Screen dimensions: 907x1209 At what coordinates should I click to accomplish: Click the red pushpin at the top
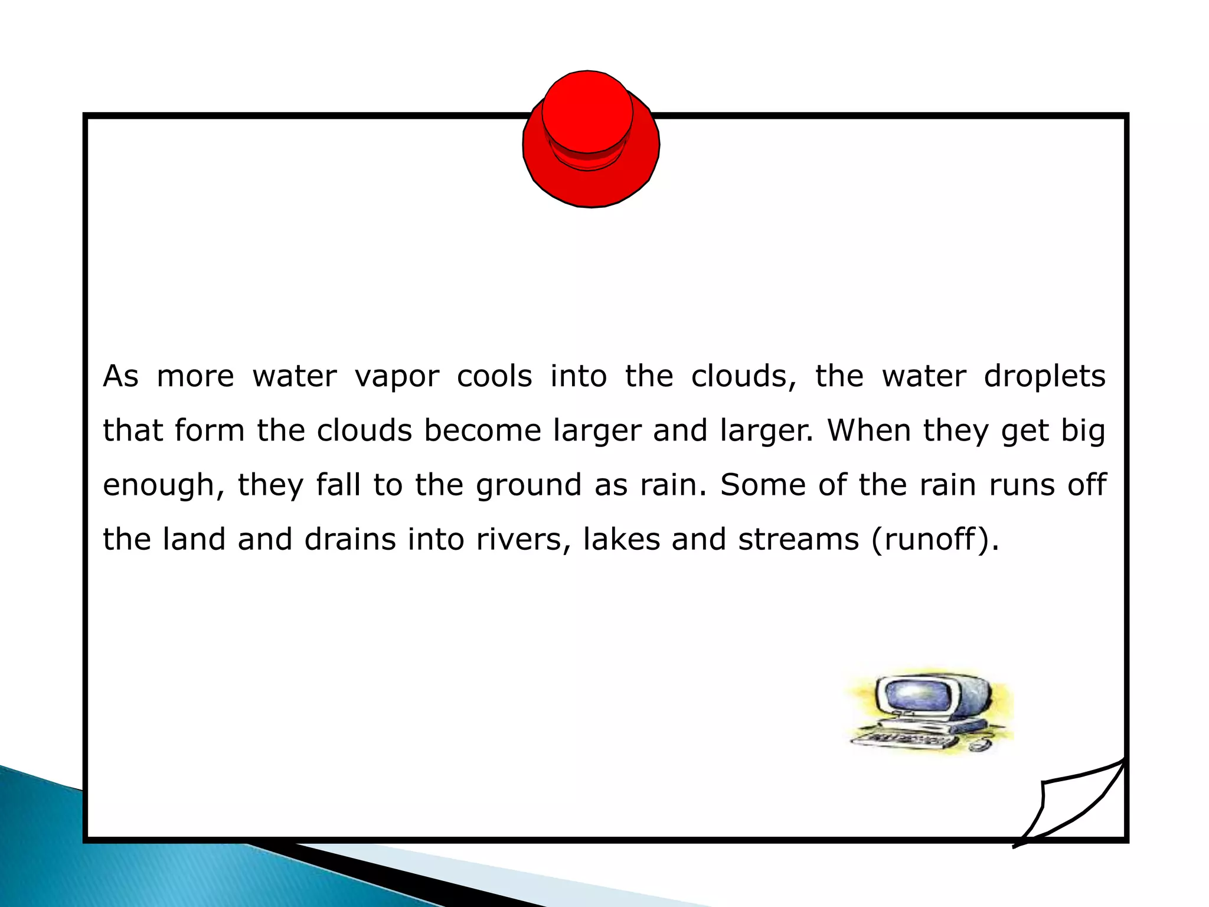[591, 139]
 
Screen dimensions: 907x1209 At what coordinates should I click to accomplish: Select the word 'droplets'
[1044, 376]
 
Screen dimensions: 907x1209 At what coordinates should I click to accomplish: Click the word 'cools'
[495, 376]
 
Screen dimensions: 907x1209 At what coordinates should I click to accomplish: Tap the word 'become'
[482, 430]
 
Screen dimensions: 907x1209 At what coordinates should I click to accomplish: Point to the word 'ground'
[529, 486]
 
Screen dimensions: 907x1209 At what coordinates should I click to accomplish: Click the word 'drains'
[350, 539]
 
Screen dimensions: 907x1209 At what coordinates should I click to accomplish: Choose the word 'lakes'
[622, 539]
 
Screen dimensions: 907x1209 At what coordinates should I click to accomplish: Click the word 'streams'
[799, 539]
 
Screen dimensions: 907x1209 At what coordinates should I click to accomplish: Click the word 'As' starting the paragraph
[121, 376]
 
